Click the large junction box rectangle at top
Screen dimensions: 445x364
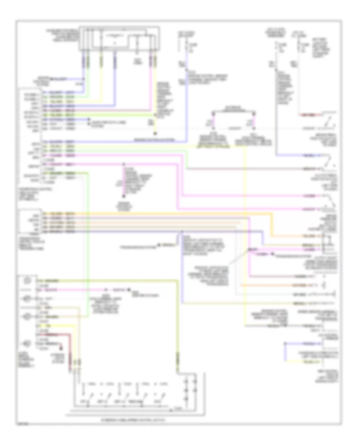[x=119, y=38]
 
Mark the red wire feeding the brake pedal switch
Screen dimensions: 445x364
[x=311, y=114]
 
